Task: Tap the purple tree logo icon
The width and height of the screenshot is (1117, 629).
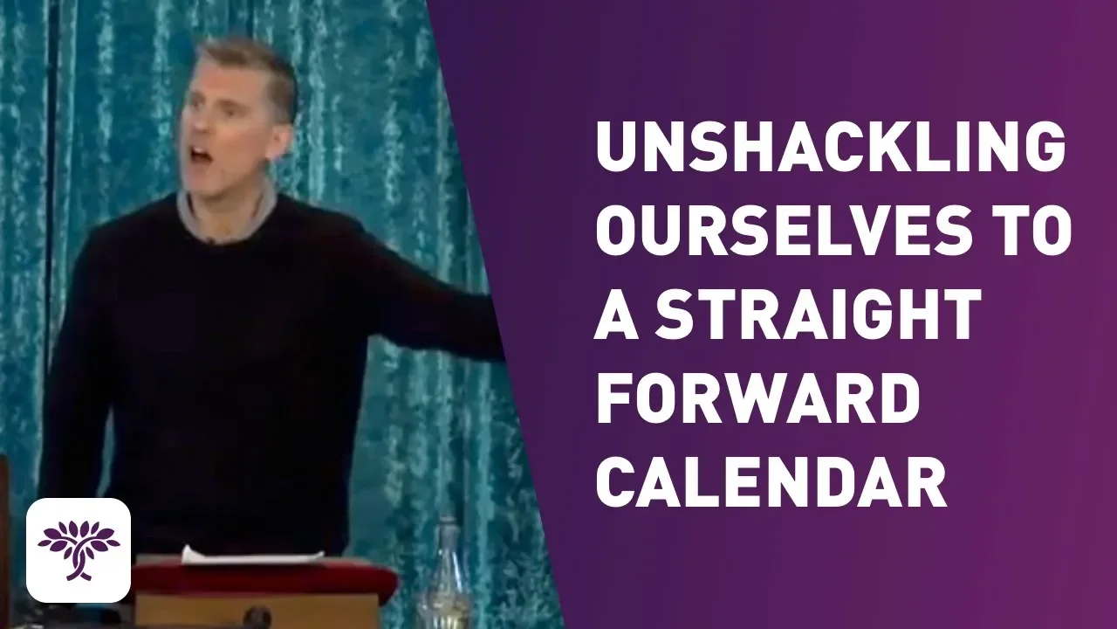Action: pyautogui.click(x=79, y=550)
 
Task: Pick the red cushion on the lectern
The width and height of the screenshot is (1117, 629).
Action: pyautogui.click(x=264, y=579)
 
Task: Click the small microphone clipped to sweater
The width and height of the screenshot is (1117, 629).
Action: pyautogui.click(x=213, y=243)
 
